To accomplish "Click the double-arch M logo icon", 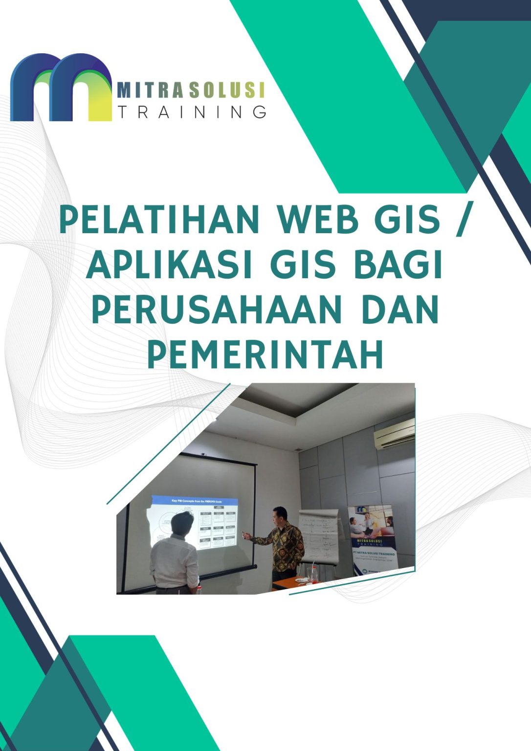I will [x=61, y=88].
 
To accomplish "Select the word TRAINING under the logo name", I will [x=192, y=112].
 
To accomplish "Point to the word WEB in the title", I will [x=315, y=220].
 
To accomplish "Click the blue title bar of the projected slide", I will [x=195, y=501].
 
